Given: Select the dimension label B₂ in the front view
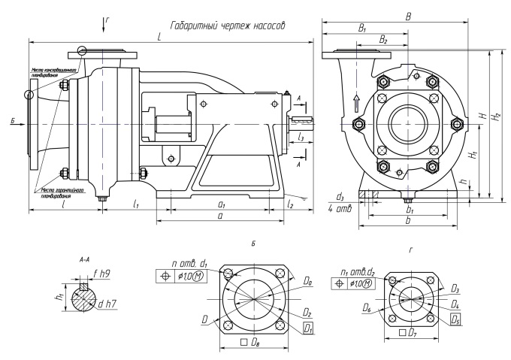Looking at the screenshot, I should click(x=383, y=38).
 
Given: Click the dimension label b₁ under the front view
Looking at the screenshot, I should click(x=409, y=212).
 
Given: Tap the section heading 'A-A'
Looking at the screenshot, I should click(x=84, y=258).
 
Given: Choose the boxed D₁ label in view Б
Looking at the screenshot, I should click(x=308, y=328).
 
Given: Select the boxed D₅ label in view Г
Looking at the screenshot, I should click(x=455, y=319).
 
